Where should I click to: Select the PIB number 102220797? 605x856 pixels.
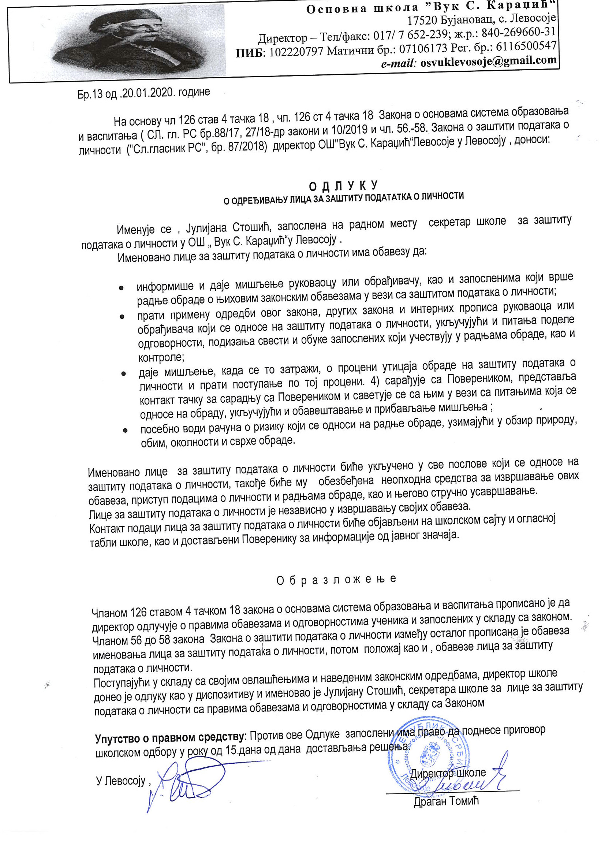point(296,52)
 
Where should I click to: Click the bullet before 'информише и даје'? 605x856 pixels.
point(121,288)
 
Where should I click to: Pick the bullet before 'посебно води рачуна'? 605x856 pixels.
point(126,430)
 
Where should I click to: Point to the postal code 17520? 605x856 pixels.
point(421,20)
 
